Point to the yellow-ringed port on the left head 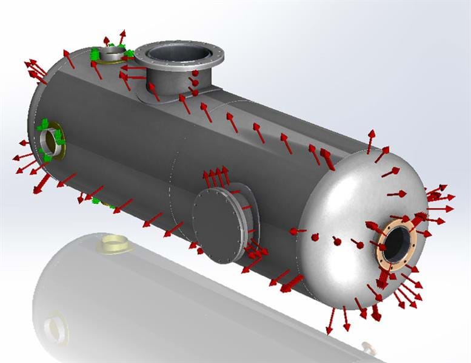(50, 140)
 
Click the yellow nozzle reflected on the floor (113, 244)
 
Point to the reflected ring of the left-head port (56, 329)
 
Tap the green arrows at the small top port (97, 54)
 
